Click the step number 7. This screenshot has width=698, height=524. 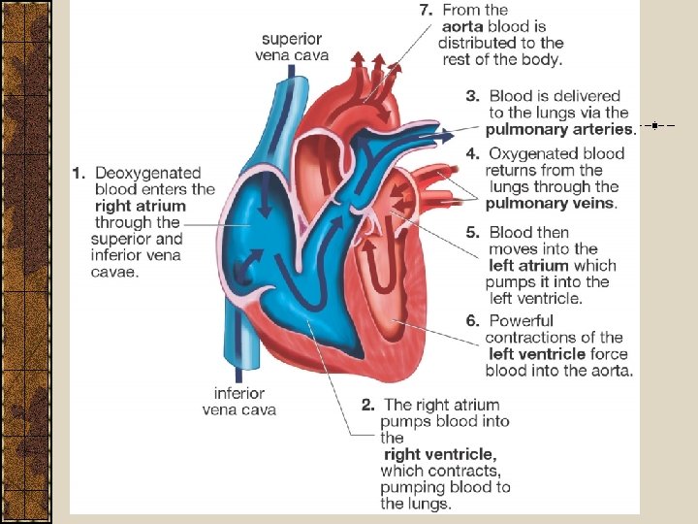pos(426,11)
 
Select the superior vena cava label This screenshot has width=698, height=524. pos(292,47)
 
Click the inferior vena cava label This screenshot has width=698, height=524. pos(238,402)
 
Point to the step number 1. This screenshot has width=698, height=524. pos(79,173)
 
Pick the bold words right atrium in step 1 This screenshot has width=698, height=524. pos(141,206)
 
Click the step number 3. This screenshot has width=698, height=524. pos(472,96)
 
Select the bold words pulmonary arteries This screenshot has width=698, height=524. pos(558,129)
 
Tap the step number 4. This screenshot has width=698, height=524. pos(472,153)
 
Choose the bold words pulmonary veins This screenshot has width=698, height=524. pos(550,203)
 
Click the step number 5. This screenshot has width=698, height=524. pos(472,233)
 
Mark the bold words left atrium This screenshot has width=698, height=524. pos(529,266)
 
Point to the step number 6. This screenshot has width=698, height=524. pos(472,321)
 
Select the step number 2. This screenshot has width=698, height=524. pos(368,406)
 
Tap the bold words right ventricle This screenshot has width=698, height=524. pos(440,454)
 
